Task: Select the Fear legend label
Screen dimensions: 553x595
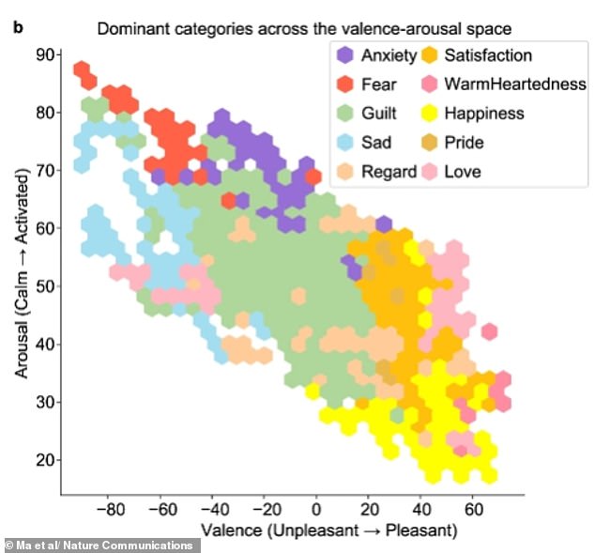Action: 378,85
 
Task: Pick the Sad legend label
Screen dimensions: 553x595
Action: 376,143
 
